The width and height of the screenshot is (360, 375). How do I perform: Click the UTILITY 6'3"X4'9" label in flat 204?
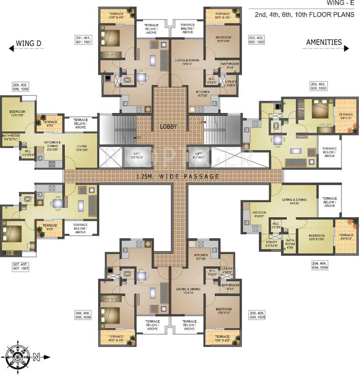(x=272, y=243)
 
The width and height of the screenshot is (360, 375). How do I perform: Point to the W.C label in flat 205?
(x=212, y=272)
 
